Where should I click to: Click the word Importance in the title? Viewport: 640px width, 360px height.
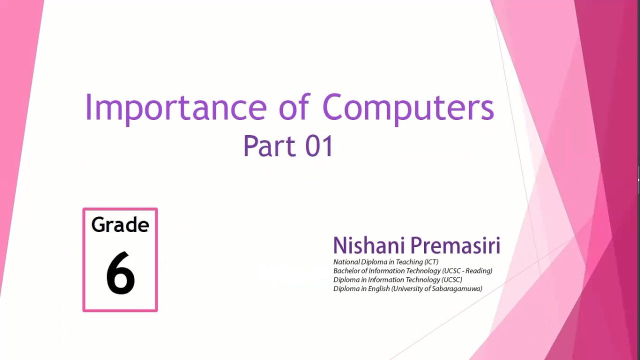coord(175,108)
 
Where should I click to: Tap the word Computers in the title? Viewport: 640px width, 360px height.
coord(408,108)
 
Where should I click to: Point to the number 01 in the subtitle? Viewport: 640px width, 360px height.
coord(319,146)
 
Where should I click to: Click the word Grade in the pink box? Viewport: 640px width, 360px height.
coord(120,225)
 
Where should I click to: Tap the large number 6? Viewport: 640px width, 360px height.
coord(120,273)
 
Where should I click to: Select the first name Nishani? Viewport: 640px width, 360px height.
coord(369,245)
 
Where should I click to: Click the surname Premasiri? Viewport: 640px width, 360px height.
coord(455,245)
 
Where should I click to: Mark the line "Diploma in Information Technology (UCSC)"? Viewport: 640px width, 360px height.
coord(397,280)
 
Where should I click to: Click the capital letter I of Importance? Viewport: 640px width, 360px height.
coord(88,107)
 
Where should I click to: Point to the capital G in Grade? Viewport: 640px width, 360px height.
coord(98,225)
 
